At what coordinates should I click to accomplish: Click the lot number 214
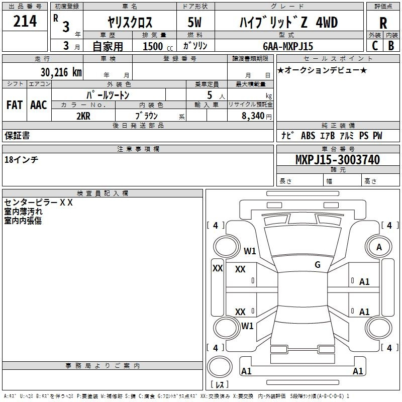25,21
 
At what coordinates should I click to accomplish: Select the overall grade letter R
383,23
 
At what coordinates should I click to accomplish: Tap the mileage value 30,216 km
61,72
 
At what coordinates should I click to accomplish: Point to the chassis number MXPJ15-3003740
338,159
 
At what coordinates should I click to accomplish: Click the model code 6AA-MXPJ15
288,46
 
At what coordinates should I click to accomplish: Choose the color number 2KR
83,116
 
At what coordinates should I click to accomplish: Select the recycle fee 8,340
253,116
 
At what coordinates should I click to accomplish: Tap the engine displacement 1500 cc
158,46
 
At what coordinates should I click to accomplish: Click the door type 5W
194,22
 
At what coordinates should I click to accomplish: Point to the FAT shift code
15,105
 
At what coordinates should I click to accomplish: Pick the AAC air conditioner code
39,105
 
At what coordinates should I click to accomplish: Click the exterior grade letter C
375,46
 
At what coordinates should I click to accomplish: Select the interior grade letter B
391,46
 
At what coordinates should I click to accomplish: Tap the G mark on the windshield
318,264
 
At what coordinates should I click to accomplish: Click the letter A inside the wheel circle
379,247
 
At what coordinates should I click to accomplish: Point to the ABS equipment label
308,135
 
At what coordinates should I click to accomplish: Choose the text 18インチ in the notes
21,160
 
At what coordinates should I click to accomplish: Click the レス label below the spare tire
220,384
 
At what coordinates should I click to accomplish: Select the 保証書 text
17,135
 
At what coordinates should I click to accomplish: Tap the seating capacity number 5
210,95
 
